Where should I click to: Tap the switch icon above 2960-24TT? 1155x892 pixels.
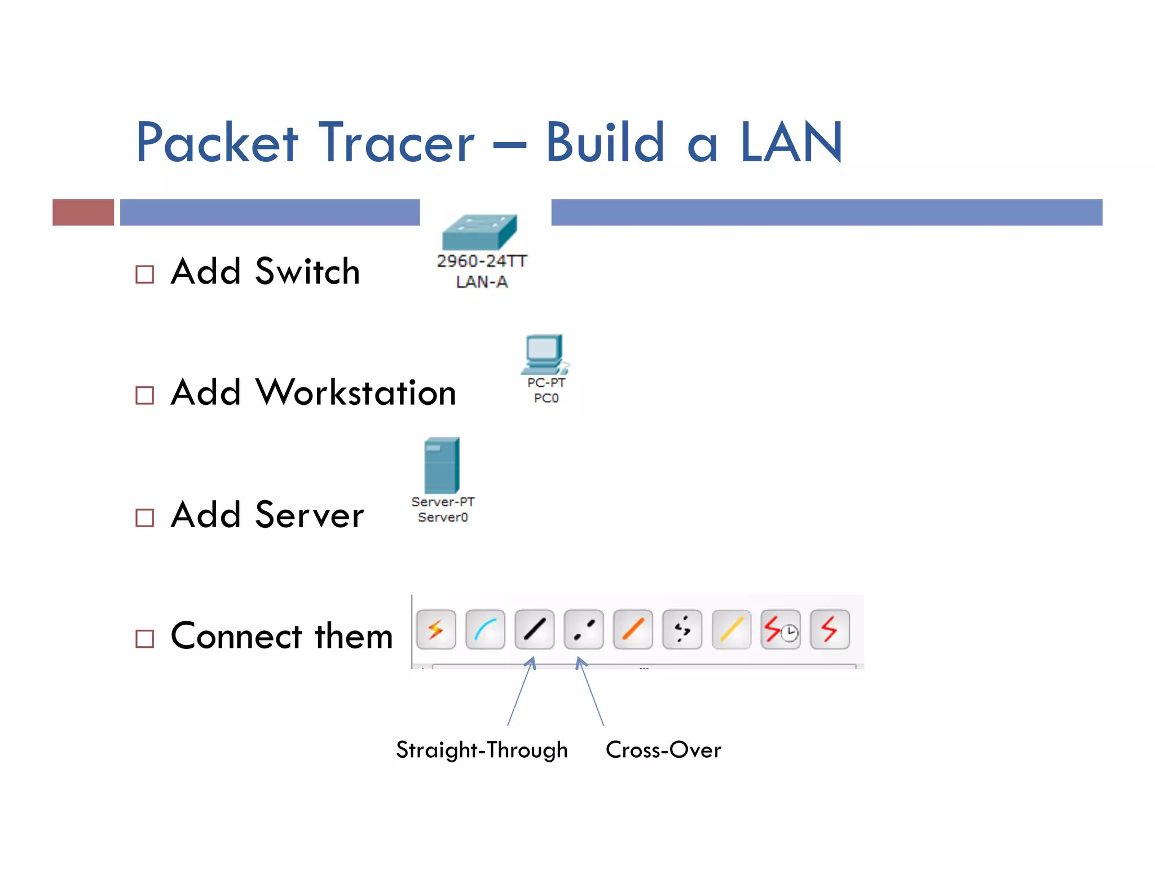tap(479, 232)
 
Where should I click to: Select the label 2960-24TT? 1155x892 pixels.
tap(482, 261)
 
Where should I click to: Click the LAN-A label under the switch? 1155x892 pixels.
tap(482, 282)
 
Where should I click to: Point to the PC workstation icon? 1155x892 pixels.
tap(545, 354)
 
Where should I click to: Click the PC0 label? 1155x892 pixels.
tap(546, 398)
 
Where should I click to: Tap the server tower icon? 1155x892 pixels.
tap(442, 465)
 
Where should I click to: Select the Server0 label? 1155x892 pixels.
tap(443, 517)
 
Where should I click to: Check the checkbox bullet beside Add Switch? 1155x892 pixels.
tap(145, 275)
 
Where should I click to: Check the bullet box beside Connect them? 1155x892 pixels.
tap(145, 639)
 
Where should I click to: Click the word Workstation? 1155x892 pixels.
tap(356, 392)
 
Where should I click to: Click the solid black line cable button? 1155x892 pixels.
tap(534, 629)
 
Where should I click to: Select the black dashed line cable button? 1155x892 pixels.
tap(584, 629)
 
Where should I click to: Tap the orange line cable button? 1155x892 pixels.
tap(633, 629)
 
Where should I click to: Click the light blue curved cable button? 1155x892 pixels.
tap(485, 629)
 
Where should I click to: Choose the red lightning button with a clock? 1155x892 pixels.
tap(781, 629)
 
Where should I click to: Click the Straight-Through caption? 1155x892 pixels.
tap(482, 750)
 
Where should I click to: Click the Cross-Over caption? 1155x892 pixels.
tap(663, 750)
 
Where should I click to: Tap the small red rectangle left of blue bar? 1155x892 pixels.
tap(83, 212)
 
